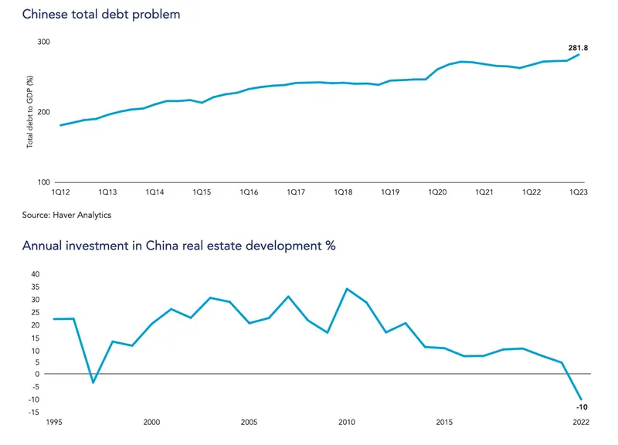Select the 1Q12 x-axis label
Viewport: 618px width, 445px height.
point(60,192)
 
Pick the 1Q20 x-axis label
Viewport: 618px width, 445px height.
point(437,192)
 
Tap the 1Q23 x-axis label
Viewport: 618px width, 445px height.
point(579,192)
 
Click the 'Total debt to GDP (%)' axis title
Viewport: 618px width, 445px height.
point(29,112)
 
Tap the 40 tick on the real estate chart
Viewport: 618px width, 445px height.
point(33,274)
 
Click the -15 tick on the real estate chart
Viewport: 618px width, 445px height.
point(33,412)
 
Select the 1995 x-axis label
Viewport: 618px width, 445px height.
point(53,423)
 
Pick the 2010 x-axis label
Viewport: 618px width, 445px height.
point(346,423)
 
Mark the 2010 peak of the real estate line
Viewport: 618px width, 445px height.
point(347,289)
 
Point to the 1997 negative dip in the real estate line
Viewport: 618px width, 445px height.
point(93,382)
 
